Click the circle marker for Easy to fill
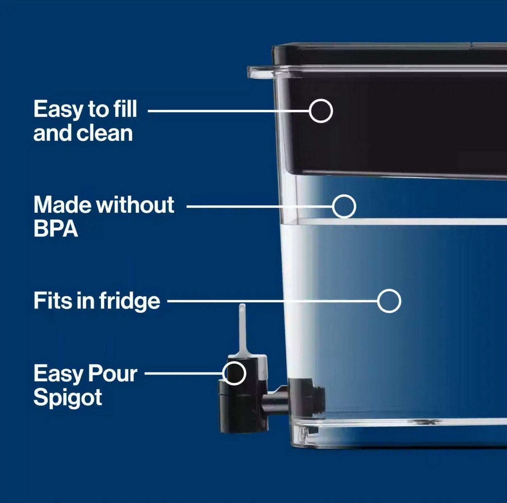click(321, 99)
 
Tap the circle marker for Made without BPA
click(344, 195)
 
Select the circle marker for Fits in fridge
click(389, 289)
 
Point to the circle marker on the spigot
click(234, 362)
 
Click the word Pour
click(112, 374)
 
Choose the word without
click(135, 205)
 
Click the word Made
click(63, 205)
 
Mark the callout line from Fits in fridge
click(273, 301)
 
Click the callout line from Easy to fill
click(229, 111)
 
